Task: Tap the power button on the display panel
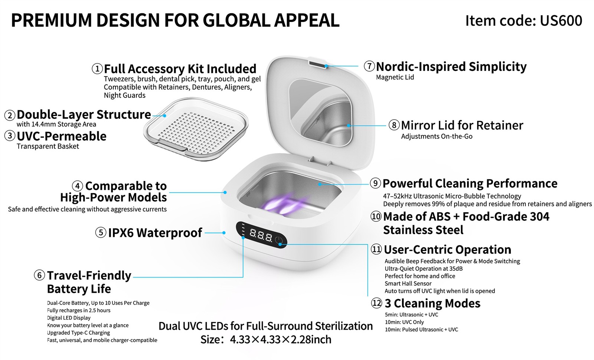(279, 240)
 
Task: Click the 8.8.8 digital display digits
(261, 235)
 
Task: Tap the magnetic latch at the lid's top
(318, 65)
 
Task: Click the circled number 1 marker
(97, 69)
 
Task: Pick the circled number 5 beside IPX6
(101, 233)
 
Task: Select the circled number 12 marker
(376, 303)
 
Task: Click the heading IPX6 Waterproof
(155, 233)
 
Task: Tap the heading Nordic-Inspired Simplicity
(451, 67)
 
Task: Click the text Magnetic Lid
(395, 77)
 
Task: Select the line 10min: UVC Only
(404, 322)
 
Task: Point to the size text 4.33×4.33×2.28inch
(281, 340)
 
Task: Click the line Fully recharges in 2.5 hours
(78, 310)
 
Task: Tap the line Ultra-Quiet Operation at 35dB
(424, 269)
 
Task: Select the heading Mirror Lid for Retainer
(462, 125)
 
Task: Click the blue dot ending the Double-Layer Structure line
(165, 116)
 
